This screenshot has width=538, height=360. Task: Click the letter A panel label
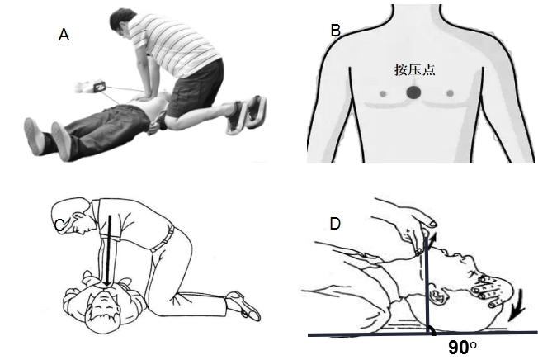pyautogui.click(x=64, y=35)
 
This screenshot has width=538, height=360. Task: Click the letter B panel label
pyautogui.click(x=335, y=31)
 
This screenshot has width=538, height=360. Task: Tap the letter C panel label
pyautogui.click(x=60, y=225)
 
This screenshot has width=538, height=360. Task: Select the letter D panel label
pyautogui.click(x=335, y=224)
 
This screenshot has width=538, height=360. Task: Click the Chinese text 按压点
pyautogui.click(x=414, y=69)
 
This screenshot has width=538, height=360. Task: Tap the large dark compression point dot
pyautogui.click(x=413, y=92)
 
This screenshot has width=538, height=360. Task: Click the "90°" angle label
pyautogui.click(x=462, y=348)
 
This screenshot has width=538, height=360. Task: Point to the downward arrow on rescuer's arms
pyautogui.click(x=108, y=250)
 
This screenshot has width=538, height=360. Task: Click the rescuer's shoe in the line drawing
pyautogui.click(x=243, y=306)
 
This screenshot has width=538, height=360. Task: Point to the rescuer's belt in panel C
pyautogui.click(x=163, y=239)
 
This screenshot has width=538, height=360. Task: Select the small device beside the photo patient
pyautogui.click(x=99, y=87)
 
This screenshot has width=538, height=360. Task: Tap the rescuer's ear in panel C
pyautogui.click(x=78, y=217)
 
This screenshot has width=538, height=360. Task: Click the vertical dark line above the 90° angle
pyautogui.click(x=427, y=282)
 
